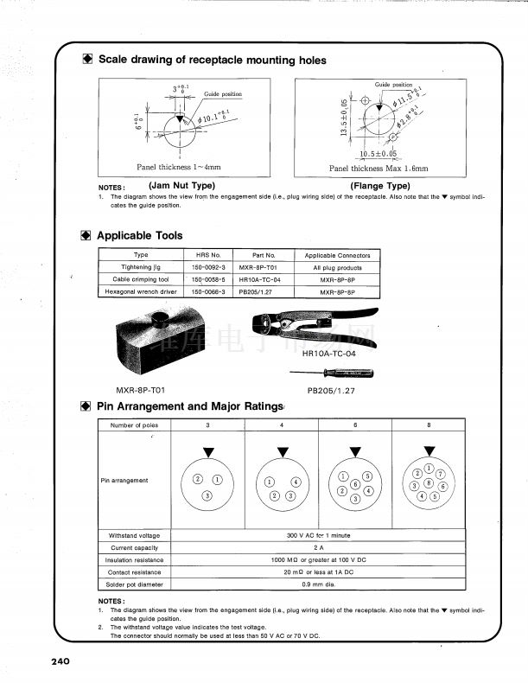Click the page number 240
pyautogui.click(x=60, y=661)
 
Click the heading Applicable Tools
pyautogui.click(x=139, y=235)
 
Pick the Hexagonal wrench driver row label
pyautogui.click(x=141, y=292)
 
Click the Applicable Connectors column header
pyautogui.click(x=337, y=256)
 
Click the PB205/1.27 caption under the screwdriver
pyautogui.click(x=331, y=391)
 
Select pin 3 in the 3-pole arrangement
pyautogui.click(x=207, y=495)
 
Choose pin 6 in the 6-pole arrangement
pyautogui.click(x=355, y=485)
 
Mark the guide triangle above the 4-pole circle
pyautogui.click(x=283, y=451)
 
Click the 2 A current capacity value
pyautogui.click(x=317, y=548)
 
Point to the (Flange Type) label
pyautogui.click(x=379, y=186)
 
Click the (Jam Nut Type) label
pyautogui.click(x=181, y=186)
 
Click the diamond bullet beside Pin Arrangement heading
pyautogui.click(x=86, y=406)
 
